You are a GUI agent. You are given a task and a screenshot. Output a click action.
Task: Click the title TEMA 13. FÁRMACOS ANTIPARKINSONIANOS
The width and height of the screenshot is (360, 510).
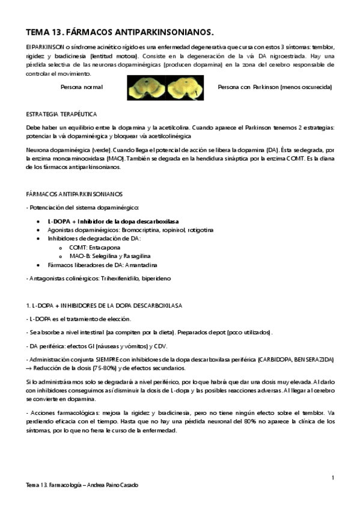coord(120,32)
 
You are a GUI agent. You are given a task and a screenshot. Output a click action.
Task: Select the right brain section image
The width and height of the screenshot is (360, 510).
coord(184,88)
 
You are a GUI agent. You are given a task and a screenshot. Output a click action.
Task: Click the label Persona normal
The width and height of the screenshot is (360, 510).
coord(81,87)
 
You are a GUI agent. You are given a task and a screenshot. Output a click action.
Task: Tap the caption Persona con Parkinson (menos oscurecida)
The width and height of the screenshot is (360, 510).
coord(275,87)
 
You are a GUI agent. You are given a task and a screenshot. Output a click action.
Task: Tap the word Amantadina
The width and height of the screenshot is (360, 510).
coord(139,265)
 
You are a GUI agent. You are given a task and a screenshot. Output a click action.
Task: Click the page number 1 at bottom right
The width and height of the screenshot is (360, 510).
coord(332,477)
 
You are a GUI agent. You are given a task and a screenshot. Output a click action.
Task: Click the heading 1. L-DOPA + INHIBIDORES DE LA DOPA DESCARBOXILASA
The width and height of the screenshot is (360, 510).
coord(105,306)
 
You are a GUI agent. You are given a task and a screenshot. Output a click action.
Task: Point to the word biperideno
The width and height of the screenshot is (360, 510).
coord(157,278)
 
